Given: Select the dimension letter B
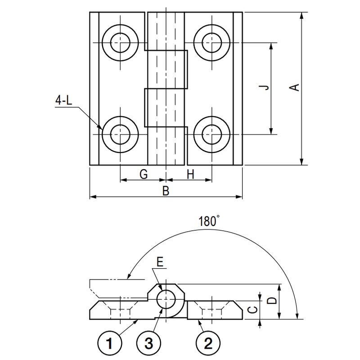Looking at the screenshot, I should (x=166, y=191).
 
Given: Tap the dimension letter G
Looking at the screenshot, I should (x=143, y=175).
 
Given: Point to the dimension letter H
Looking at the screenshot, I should (x=190, y=175).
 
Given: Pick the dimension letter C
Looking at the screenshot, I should (x=253, y=309).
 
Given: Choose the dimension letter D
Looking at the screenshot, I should (x=271, y=301).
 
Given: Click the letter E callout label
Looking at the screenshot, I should (x=160, y=261).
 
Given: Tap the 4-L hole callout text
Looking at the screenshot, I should (x=63, y=101).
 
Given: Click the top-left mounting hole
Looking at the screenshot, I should (x=121, y=43).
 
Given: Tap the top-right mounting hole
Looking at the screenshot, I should (x=211, y=43).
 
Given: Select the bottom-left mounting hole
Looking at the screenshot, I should (x=121, y=134).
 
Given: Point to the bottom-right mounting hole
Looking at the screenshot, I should (x=211, y=134).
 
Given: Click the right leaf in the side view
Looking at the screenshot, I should (x=215, y=310).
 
